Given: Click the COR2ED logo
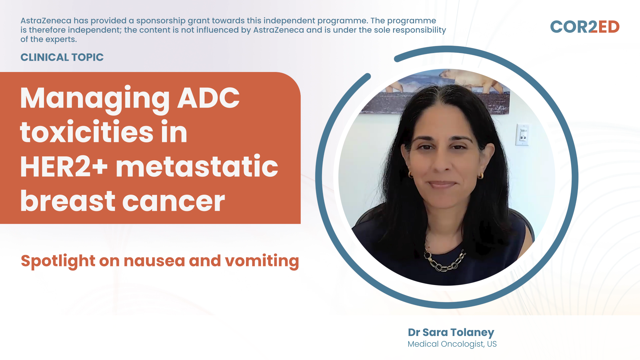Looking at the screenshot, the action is pos(585,27).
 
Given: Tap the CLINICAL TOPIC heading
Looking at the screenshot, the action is pos(62,57).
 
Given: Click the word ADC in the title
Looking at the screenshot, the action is pos(208,98).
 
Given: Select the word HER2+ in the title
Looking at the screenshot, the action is pos(64,167).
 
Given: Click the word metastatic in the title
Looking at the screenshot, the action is pos(197,166).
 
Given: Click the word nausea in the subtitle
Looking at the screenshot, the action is pos(154,261).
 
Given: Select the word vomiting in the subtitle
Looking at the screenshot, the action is pos(262,261).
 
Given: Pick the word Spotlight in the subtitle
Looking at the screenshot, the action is pos(58,261).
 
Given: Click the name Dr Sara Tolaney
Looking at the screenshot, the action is pos(451,333).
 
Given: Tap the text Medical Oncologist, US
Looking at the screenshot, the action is pos(452,344).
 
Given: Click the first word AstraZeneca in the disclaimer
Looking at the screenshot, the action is pos(46,21).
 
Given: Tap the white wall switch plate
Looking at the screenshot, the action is pos(522,135).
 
